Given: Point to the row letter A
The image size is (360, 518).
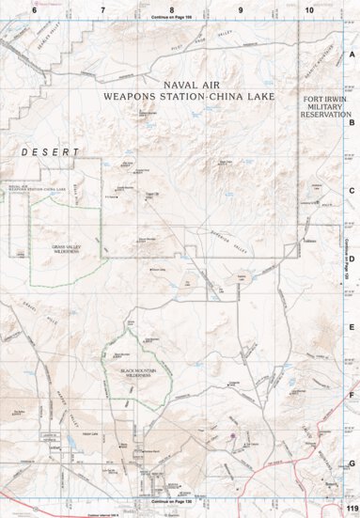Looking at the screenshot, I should point(352,55).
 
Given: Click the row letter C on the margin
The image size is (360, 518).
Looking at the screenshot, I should point(352,190).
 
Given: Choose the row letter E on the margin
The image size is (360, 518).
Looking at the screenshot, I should point(352,327).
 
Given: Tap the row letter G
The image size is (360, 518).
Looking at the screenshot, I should point(352,463).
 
